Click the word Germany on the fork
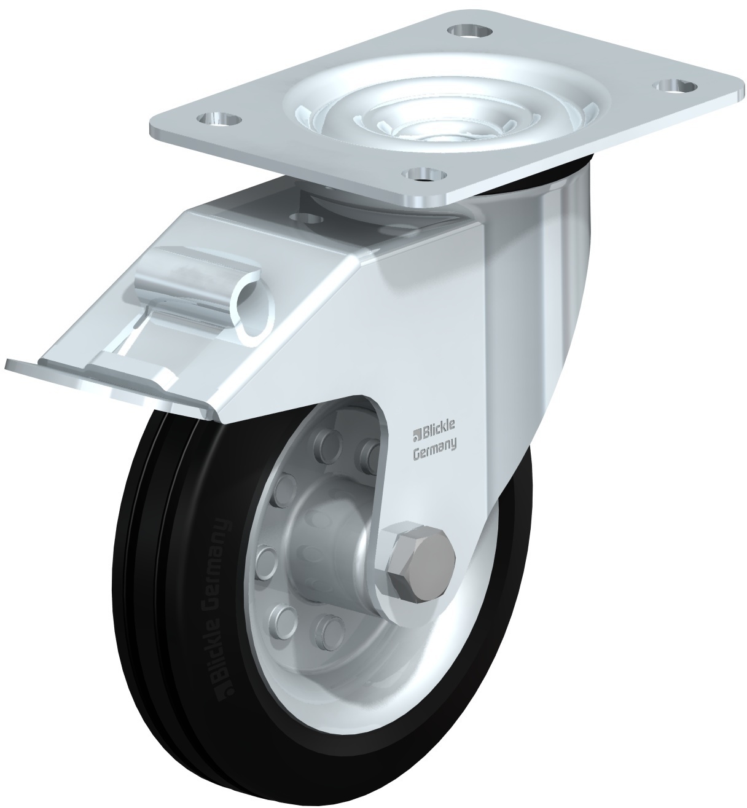pyautogui.click(x=434, y=455)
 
